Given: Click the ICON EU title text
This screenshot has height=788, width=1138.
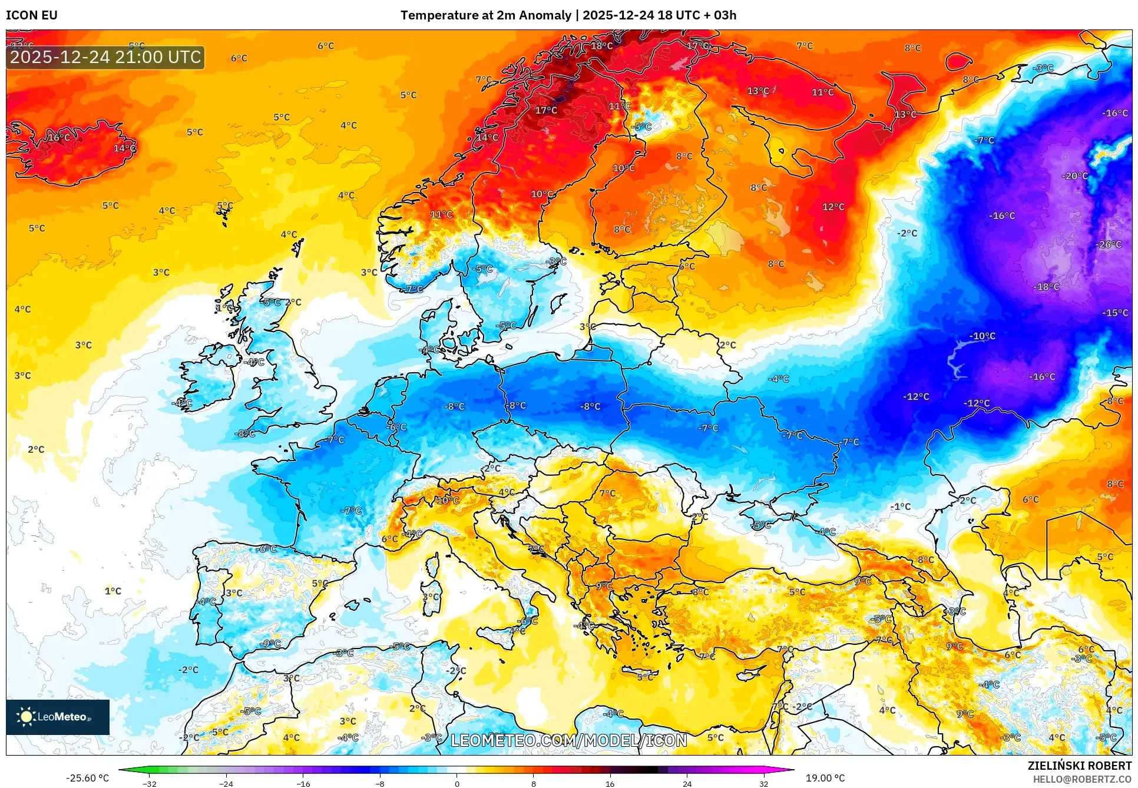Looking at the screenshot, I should (32, 15).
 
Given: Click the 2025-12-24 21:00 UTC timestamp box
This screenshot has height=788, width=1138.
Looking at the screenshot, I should (105, 57).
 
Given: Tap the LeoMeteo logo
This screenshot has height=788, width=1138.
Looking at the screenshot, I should (58, 717).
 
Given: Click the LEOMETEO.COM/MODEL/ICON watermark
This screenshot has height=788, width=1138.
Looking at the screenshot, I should (568, 740).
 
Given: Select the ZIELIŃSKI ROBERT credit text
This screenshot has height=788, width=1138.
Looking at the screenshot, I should (1080, 766).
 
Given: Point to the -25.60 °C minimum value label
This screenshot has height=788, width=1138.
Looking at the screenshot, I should (87, 778).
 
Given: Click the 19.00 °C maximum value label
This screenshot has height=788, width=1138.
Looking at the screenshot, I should (825, 778).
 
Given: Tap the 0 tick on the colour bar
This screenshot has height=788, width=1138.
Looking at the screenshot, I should (456, 784).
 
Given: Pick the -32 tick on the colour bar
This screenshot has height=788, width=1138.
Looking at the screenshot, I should (150, 784).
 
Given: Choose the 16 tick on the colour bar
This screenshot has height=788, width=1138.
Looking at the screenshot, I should (610, 784).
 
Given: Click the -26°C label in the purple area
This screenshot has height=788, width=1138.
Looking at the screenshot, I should (1109, 244).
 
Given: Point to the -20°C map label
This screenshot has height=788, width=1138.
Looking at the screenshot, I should (1074, 176).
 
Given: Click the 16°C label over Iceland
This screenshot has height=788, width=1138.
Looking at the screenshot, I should (58, 138).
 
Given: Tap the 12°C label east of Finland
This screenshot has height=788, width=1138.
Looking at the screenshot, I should (833, 207).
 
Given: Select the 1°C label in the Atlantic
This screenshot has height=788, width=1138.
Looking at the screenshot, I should (113, 591).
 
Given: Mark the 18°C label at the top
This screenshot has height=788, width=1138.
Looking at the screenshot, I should (601, 46).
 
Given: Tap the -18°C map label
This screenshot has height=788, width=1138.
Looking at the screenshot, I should (1046, 287).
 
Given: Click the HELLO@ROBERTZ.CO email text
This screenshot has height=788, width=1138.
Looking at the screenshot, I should (1082, 779).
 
